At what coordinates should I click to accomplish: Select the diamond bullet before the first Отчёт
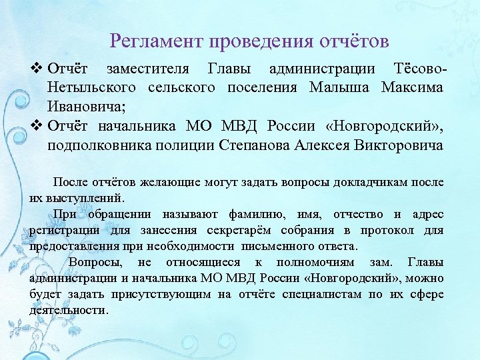37,69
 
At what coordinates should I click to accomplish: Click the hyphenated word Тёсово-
409,69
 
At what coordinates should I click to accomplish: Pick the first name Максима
412,88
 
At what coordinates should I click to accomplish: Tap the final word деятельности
69,311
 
